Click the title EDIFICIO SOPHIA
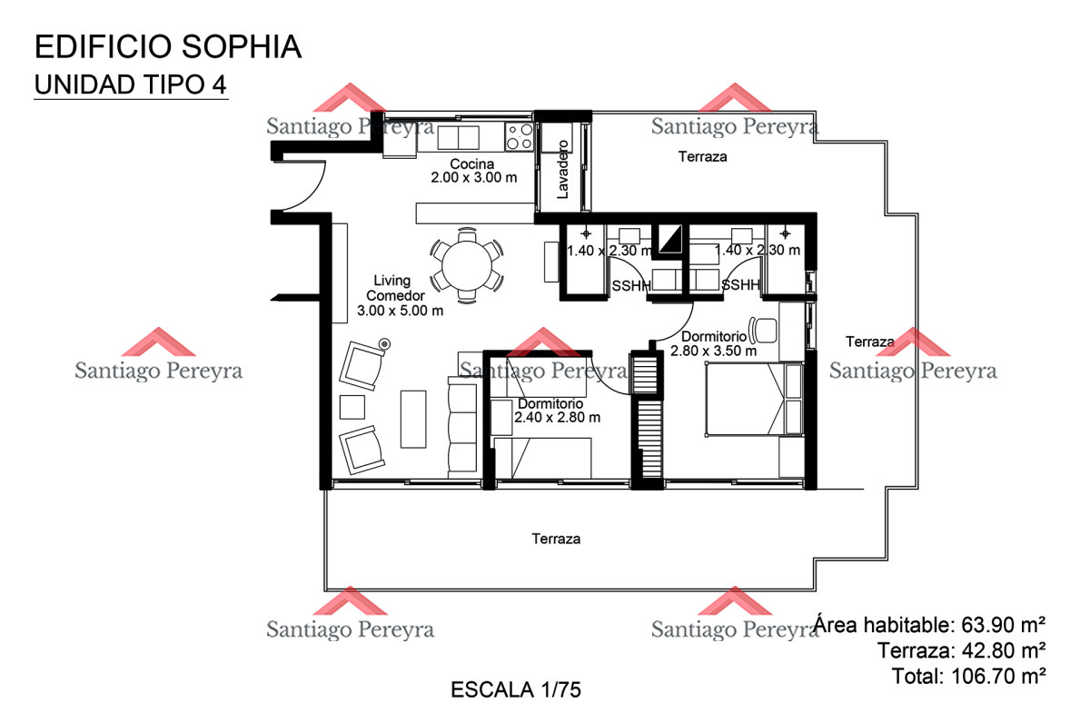[168, 46]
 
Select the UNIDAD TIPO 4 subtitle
[131, 84]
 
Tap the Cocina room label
[471, 164]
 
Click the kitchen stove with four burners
[520, 136]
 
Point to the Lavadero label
[562, 169]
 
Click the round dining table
[467, 266]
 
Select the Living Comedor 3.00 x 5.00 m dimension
[400, 311]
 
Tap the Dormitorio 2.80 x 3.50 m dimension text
[713, 351]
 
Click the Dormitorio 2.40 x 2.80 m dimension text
[557, 418]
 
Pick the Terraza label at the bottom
[556, 540]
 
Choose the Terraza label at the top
[703, 156]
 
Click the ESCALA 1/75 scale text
[516, 690]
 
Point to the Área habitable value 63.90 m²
[1004, 625]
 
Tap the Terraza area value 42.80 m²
[1004, 650]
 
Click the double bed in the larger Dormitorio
[754, 399]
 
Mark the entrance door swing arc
[312, 194]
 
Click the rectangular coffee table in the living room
[413, 419]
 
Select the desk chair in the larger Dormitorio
[763, 331]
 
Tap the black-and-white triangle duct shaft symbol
[670, 239]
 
